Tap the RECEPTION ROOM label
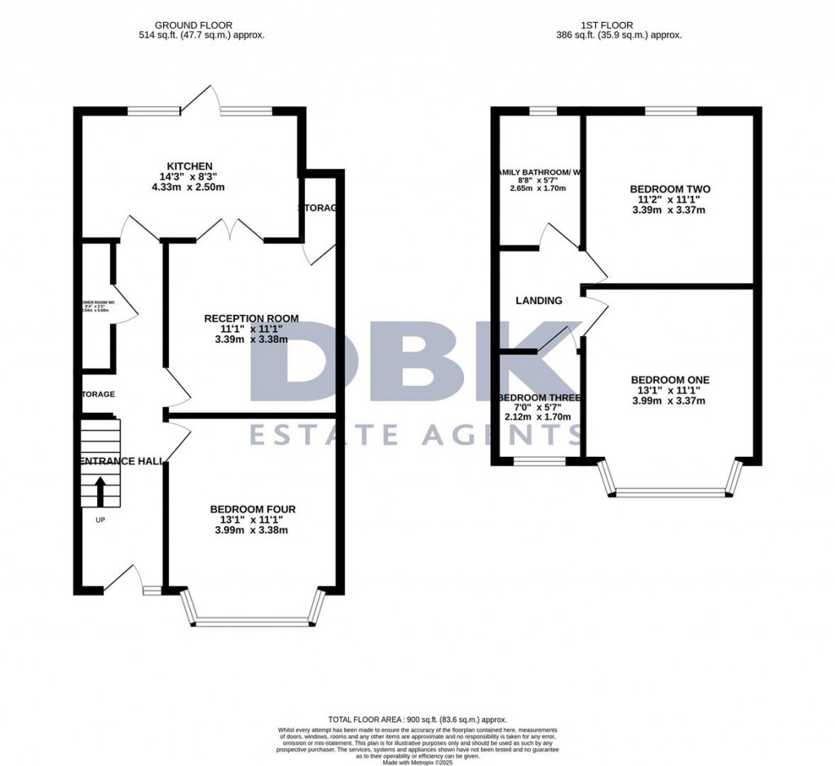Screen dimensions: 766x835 tap(251, 318)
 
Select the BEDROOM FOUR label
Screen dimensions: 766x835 tap(252, 509)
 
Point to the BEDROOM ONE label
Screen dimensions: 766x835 tap(669, 379)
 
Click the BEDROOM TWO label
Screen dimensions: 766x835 tap(669, 189)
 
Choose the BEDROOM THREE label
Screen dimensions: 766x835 tap(539, 398)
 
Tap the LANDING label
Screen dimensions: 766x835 tap(539, 300)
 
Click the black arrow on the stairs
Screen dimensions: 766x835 tap(100, 492)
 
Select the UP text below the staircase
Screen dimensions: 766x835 tap(100, 520)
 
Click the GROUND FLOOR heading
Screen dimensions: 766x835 tap(201, 25)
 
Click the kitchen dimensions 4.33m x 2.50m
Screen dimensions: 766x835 tap(188, 187)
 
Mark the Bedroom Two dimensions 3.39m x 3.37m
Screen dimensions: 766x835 tap(669, 210)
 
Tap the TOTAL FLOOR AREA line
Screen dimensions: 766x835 tap(417, 720)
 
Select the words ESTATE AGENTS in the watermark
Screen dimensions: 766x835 tap(417, 435)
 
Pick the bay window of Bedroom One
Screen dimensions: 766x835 tap(669, 492)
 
